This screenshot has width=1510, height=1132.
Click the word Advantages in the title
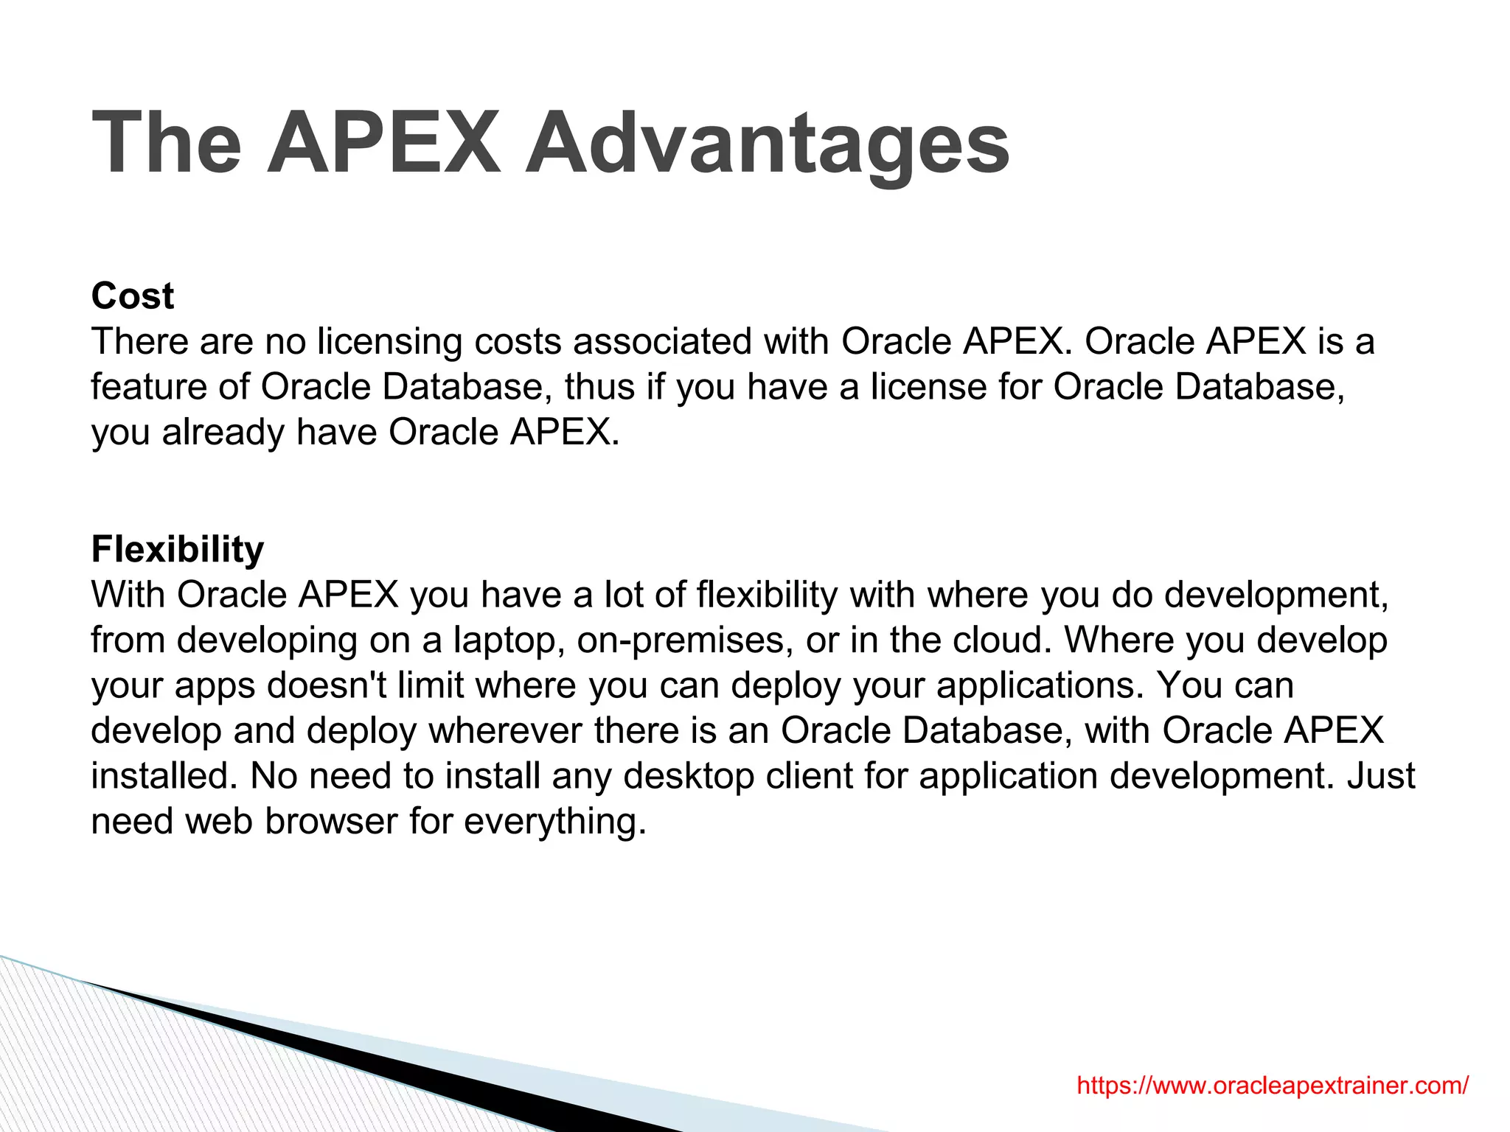click(767, 144)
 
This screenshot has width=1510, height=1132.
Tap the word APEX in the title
click(383, 144)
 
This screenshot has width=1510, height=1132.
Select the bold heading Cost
click(133, 296)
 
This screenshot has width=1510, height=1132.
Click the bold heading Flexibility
click(178, 550)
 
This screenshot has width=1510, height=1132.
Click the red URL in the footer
click(1273, 1085)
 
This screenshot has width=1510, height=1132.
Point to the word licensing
click(390, 343)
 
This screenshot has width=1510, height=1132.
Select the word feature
click(148, 388)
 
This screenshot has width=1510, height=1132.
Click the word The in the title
click(167, 144)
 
